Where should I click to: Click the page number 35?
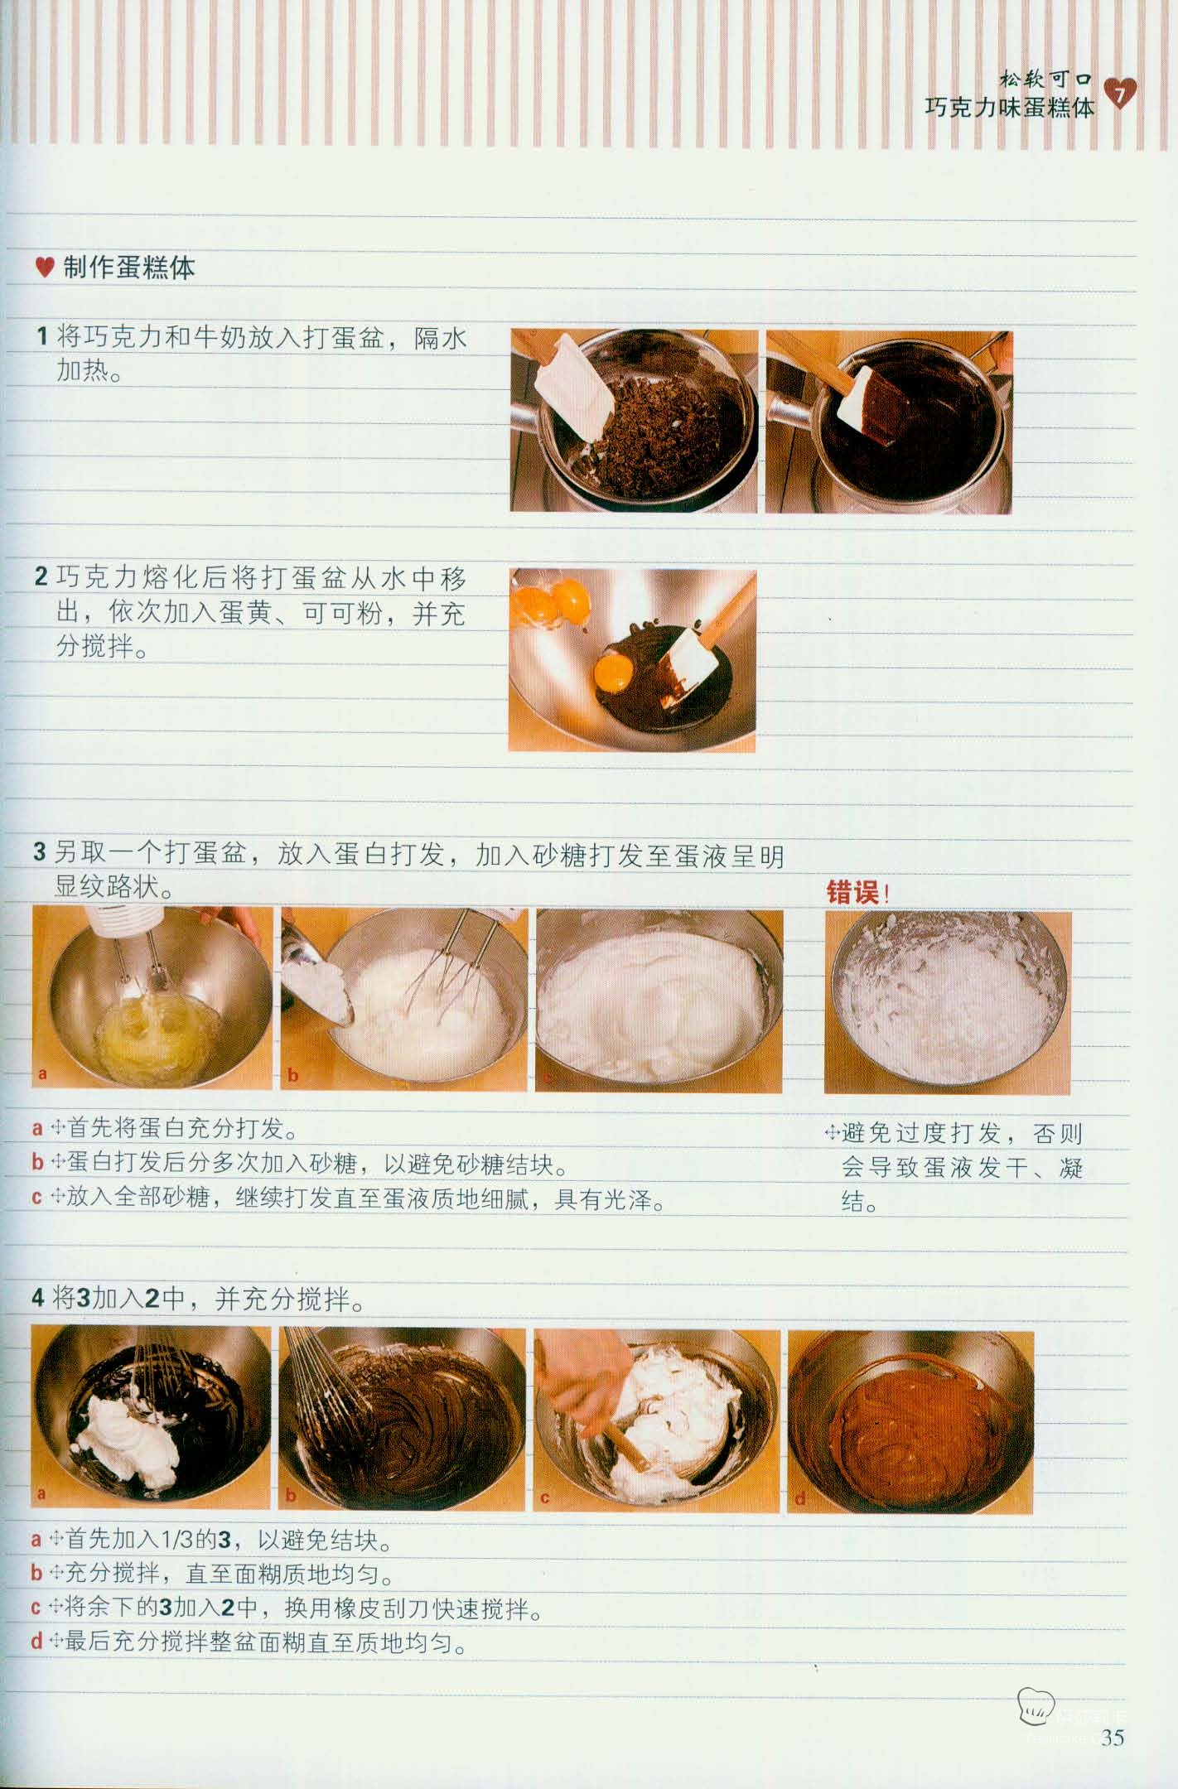pos(1113,1737)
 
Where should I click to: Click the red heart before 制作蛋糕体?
pos(45,268)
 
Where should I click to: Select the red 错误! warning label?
pos(857,893)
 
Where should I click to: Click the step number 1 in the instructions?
pos(42,337)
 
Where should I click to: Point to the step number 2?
pos(41,576)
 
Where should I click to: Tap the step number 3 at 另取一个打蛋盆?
pos(40,852)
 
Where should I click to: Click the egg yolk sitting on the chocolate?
pos(616,665)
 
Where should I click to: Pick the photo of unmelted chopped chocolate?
pos(634,421)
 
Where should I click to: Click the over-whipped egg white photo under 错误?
pos(948,1002)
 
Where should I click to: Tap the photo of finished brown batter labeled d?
pos(910,1422)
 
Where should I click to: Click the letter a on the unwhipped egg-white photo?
pos(43,1074)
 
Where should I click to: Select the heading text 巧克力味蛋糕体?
pos(1010,108)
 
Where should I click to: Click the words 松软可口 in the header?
pos(1045,80)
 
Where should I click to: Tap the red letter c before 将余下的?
pos(36,1608)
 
